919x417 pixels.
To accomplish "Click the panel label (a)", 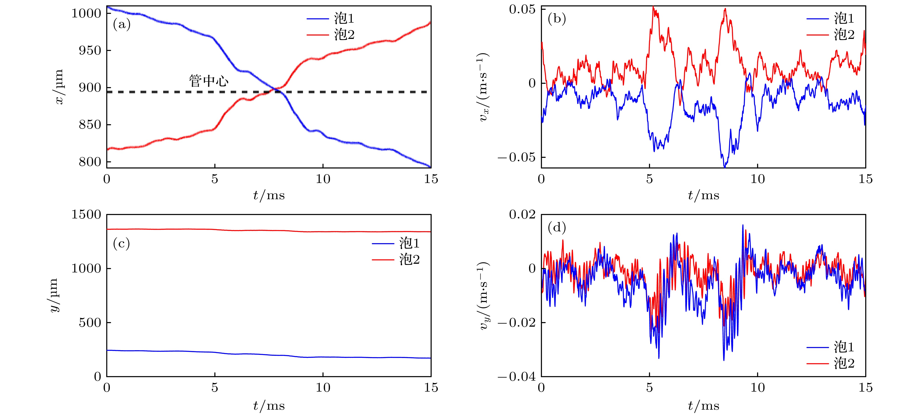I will (122, 25).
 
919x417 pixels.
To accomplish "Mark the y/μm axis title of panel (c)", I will (54, 295).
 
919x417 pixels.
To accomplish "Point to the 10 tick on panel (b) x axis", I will (757, 179).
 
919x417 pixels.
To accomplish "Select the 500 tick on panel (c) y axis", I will (90, 323).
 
